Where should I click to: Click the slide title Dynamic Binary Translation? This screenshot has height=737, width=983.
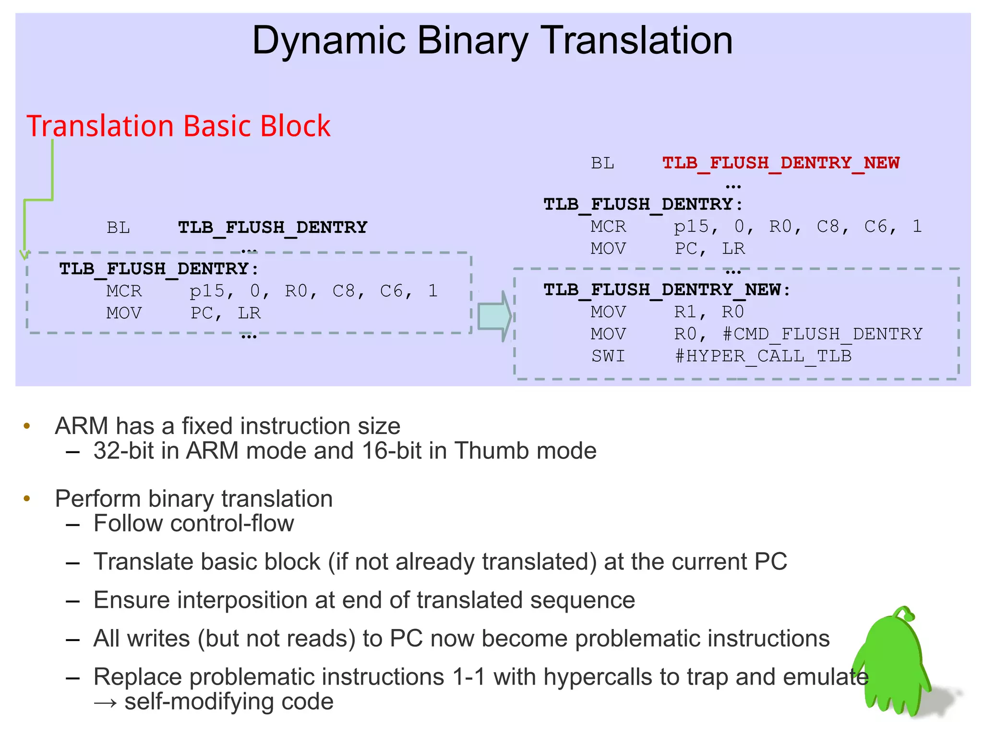click(x=492, y=40)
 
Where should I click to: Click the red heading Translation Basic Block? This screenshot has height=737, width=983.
click(x=178, y=126)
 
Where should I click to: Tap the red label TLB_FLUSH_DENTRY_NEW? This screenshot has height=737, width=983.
click(x=780, y=163)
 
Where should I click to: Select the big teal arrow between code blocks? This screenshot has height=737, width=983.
click(x=494, y=316)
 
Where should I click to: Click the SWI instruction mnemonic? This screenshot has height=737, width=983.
click(x=608, y=356)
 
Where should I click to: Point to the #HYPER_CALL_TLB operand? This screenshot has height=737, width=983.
click(x=763, y=356)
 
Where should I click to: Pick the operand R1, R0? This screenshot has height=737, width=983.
click(x=708, y=312)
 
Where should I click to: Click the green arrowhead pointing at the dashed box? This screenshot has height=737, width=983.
click(x=24, y=254)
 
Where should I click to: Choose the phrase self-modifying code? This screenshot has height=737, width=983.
click(x=229, y=701)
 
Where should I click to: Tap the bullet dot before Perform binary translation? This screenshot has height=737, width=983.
click(x=27, y=499)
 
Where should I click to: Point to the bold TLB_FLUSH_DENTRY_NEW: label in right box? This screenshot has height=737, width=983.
click(x=667, y=290)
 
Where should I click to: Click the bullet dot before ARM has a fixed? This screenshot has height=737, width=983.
click(x=27, y=426)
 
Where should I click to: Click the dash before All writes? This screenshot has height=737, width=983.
click(x=72, y=640)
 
